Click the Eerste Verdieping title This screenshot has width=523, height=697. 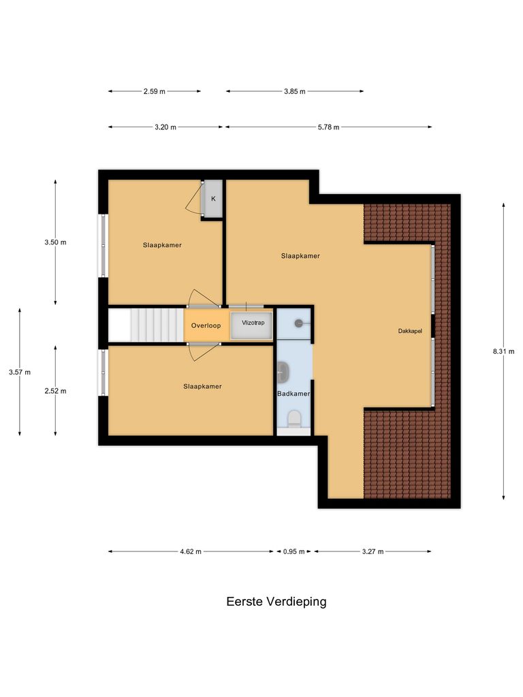click(x=276, y=602)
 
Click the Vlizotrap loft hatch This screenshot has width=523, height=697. click(x=253, y=325)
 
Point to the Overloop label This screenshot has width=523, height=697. click(x=206, y=325)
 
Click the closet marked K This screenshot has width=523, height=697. click(x=213, y=199)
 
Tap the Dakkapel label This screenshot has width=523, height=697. click(x=411, y=331)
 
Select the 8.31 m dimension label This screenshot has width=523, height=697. click(x=504, y=351)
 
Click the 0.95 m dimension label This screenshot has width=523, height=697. click(x=294, y=552)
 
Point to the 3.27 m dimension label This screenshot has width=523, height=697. click(x=372, y=552)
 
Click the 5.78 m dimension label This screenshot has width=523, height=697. click(x=328, y=127)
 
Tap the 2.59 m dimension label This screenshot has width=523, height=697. click(x=154, y=91)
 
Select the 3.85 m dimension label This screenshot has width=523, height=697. click(x=294, y=91)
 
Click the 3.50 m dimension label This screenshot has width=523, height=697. click(x=55, y=242)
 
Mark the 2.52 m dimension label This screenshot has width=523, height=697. click(x=55, y=391)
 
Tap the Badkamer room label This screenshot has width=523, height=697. click(x=294, y=394)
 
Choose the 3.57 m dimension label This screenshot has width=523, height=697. click(x=19, y=372)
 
